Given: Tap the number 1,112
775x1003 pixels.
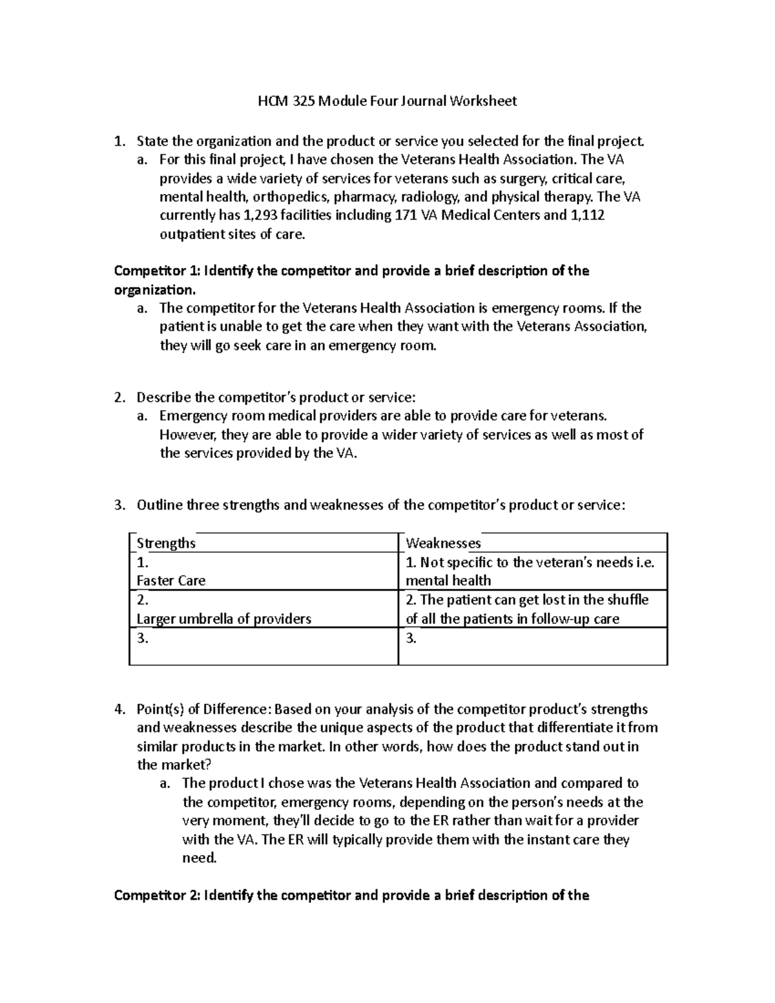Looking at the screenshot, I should pyautogui.click(x=588, y=215).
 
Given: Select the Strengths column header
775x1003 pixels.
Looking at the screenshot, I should pyautogui.click(x=166, y=543).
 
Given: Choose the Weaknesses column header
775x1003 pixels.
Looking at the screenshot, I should pyautogui.click(x=443, y=543).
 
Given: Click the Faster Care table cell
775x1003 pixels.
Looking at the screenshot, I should pyautogui.click(x=171, y=581).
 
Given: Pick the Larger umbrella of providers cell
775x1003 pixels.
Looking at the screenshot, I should pyautogui.click(x=224, y=619).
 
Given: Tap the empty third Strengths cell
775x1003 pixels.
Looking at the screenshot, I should pyautogui.click(x=263, y=646).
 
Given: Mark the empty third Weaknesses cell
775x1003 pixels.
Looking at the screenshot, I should pyautogui.click(x=533, y=646).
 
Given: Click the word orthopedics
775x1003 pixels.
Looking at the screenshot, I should pyautogui.click(x=290, y=196).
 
